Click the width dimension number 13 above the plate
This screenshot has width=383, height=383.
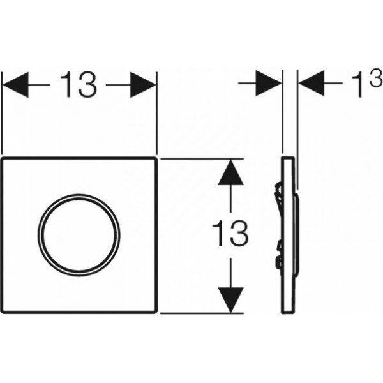(x=80, y=86)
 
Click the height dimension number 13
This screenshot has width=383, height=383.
(x=230, y=234)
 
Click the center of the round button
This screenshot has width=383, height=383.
(x=79, y=234)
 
